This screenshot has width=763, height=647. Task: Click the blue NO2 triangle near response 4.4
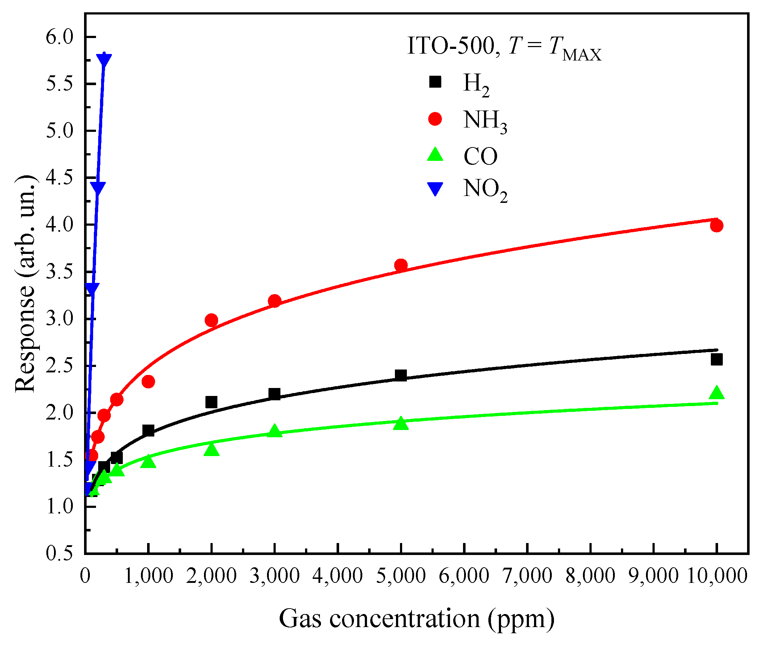tap(97, 188)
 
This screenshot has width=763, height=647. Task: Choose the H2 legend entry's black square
tap(435, 82)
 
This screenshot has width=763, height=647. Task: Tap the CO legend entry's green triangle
tap(435, 154)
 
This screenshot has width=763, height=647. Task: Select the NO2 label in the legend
tap(485, 189)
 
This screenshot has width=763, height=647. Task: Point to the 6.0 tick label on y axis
tap(59, 37)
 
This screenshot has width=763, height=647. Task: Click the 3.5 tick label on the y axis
tap(59, 272)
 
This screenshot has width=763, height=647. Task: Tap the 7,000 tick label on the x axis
tap(527, 575)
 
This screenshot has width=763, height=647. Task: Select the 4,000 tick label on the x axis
tap(338, 575)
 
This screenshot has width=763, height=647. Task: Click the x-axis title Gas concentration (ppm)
tap(416, 618)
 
